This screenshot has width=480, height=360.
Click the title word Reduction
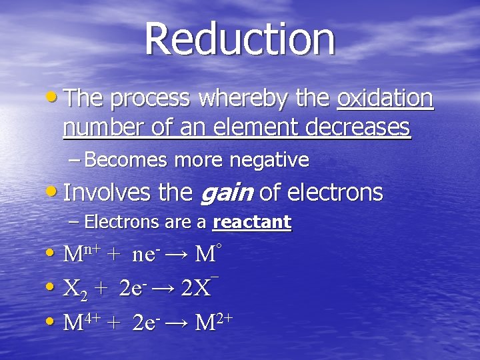coord(239,38)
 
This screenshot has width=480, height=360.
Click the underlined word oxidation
coord(385,99)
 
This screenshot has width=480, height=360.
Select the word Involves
coord(108,193)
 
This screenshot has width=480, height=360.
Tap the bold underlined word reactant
coord(251,222)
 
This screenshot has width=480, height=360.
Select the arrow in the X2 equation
coord(163,289)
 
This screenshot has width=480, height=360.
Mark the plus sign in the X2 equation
coord(100,289)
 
